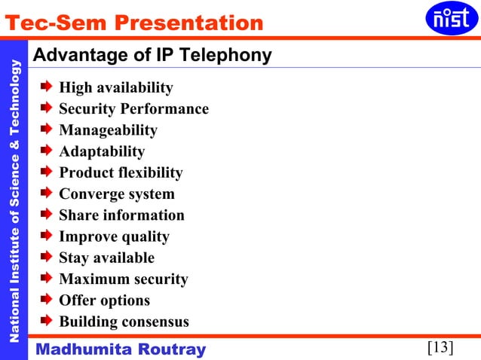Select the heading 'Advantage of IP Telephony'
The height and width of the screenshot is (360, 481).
coord(153,56)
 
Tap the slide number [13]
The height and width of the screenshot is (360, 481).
coord(440,347)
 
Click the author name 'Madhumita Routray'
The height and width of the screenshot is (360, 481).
coord(121,349)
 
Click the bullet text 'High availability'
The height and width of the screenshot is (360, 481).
coord(116,88)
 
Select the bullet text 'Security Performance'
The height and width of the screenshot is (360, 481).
coord(133,109)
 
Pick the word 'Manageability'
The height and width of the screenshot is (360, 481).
coord(108,130)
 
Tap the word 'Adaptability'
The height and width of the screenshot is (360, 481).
coord(102,151)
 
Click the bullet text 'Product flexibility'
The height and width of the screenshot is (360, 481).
coord(121,172)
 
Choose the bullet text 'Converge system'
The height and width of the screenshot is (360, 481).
coord(117,194)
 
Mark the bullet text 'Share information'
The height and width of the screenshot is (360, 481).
coord(121,215)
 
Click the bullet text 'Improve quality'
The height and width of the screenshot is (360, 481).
coord(114,236)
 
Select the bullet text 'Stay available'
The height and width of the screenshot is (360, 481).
coord(106,258)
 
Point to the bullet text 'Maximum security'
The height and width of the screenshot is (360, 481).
coord(124,279)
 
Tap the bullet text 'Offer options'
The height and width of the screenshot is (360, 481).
coord(104,301)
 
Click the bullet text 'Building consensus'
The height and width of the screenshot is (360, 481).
coord(124,322)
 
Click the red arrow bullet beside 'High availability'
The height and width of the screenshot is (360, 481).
coord(47,88)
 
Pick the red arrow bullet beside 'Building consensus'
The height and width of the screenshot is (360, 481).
coord(47,322)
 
